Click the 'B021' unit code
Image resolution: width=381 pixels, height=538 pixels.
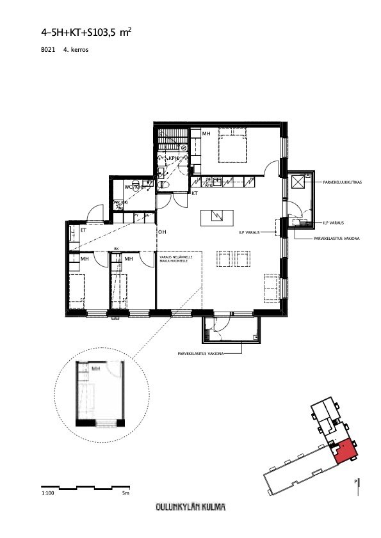tap(47, 49)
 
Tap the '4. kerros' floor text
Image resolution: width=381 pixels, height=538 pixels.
tap(75, 49)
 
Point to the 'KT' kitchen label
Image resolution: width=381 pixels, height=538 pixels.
tap(194, 193)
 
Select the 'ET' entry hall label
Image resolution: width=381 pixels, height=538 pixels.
tap(83, 230)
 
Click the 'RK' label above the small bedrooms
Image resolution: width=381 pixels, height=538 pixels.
tap(117, 249)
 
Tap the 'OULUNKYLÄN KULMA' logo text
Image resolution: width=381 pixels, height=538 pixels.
tap(190, 508)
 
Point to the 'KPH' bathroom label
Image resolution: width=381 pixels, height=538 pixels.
tap(173, 158)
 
